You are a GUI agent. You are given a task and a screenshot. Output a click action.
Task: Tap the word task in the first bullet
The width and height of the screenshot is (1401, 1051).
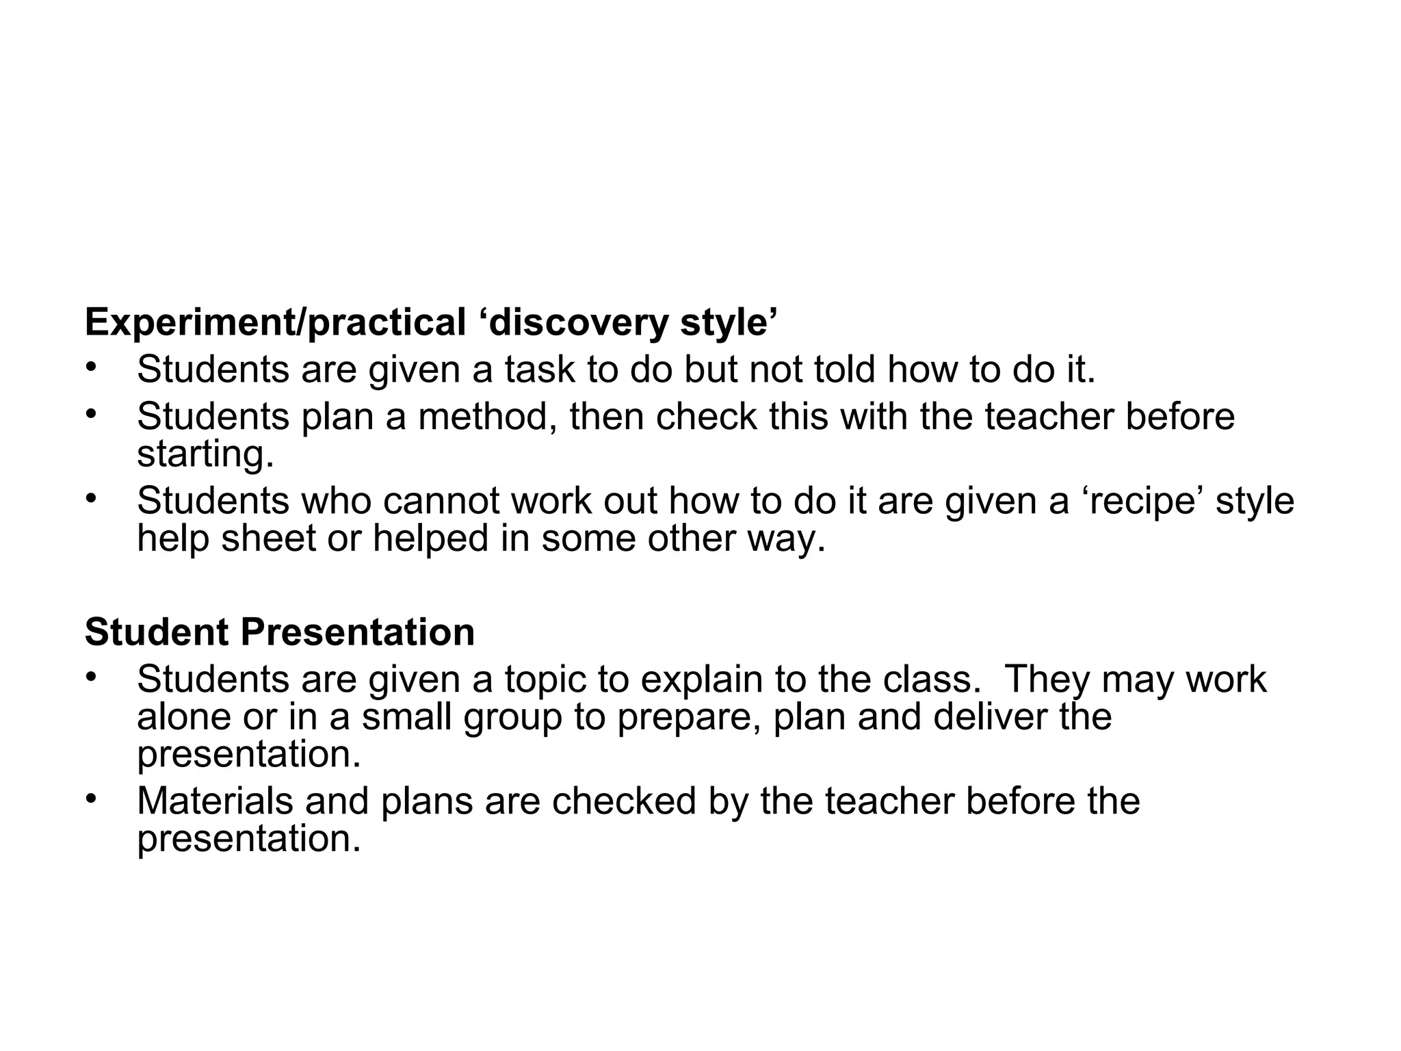[x=540, y=369]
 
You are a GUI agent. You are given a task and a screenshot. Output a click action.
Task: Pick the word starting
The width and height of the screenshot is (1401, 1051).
[x=205, y=454]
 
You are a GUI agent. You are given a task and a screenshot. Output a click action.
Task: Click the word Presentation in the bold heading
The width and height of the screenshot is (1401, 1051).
[x=357, y=632]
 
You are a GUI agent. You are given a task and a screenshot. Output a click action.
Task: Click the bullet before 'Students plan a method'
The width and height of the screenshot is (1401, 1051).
[x=92, y=415]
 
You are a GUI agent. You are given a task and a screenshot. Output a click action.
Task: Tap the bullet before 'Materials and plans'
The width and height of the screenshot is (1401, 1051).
[x=92, y=799]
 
